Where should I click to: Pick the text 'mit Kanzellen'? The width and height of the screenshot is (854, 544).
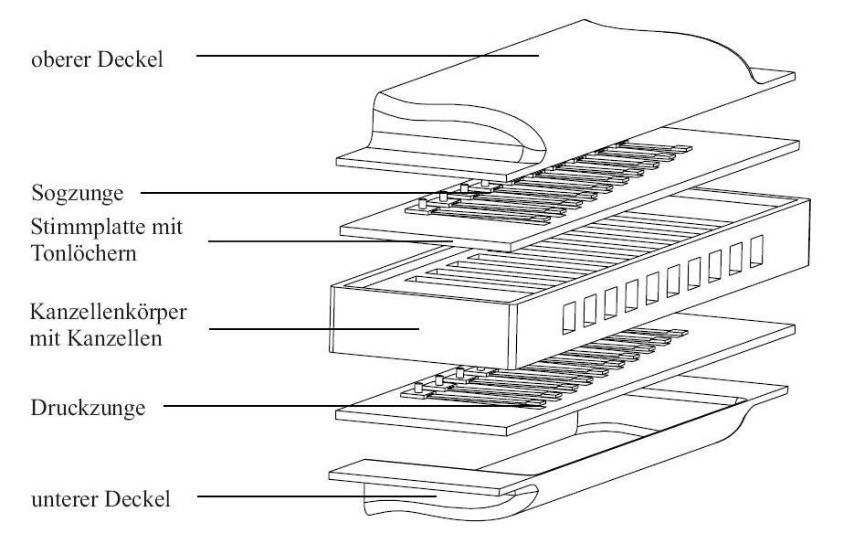(x=96, y=339)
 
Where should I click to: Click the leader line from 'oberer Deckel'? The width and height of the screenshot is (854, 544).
(x=365, y=56)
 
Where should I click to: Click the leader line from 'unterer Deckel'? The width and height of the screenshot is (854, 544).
(x=320, y=497)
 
